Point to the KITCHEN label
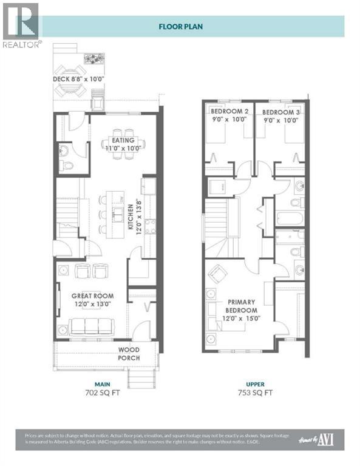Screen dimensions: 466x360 click(x=131, y=217)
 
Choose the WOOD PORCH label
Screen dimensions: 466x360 click(x=129, y=354)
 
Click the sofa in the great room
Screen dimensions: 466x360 click(x=87, y=326)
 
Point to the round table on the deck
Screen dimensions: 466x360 click(x=71, y=89)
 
